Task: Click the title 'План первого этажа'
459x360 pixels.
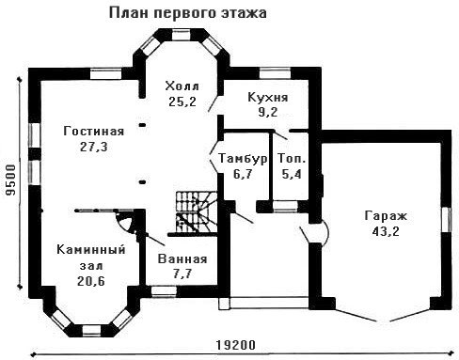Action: pyautogui.click(x=188, y=13)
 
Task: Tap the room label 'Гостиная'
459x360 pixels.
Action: pyautogui.click(x=94, y=131)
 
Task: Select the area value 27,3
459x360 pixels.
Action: pyautogui.click(x=93, y=147)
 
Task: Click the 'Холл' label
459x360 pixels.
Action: pyautogui.click(x=182, y=86)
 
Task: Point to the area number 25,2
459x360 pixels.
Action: pyautogui.click(x=182, y=102)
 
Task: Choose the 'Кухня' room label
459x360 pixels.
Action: pyautogui.click(x=268, y=98)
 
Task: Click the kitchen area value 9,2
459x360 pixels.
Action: pyautogui.click(x=268, y=112)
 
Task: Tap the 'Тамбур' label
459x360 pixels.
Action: pyautogui.click(x=243, y=159)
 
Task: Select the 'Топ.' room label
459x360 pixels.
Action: pyautogui.click(x=292, y=159)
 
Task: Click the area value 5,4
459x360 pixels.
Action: pyautogui.click(x=292, y=174)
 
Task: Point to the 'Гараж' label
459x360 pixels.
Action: pyautogui.click(x=386, y=216)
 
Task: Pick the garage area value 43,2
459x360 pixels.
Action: pyautogui.click(x=386, y=231)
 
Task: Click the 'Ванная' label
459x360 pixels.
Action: pyautogui.click(x=182, y=259)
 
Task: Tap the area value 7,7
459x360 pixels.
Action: pyautogui.click(x=182, y=274)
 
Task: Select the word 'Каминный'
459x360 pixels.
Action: pyautogui.click(x=91, y=250)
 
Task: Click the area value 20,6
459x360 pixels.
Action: pyautogui.click(x=91, y=281)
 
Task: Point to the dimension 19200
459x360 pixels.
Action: pyautogui.click(x=236, y=345)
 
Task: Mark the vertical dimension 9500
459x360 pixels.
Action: pyautogui.click(x=11, y=180)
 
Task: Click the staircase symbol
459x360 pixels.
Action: pyautogui.click(x=197, y=212)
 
